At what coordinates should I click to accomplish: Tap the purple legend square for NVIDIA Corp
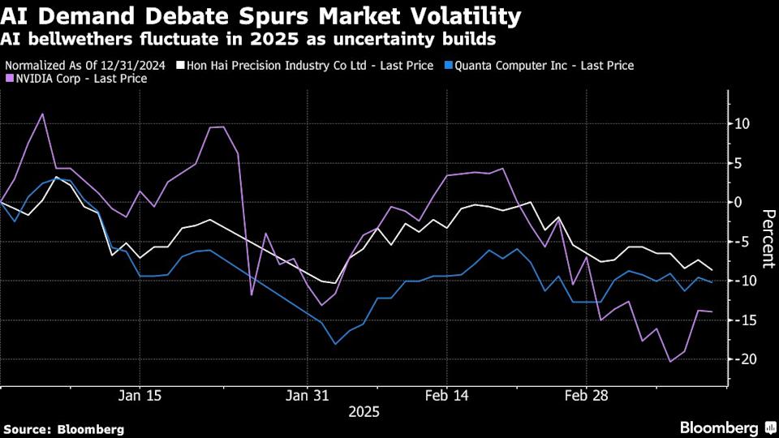click(x=9, y=79)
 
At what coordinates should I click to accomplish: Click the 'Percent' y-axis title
click(x=767, y=239)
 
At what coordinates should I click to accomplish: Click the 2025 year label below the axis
click(x=364, y=412)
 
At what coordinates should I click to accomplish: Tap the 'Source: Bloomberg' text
click(x=64, y=428)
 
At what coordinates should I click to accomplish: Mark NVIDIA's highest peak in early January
click(x=42, y=114)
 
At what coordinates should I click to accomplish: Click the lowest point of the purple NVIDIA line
click(x=670, y=361)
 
